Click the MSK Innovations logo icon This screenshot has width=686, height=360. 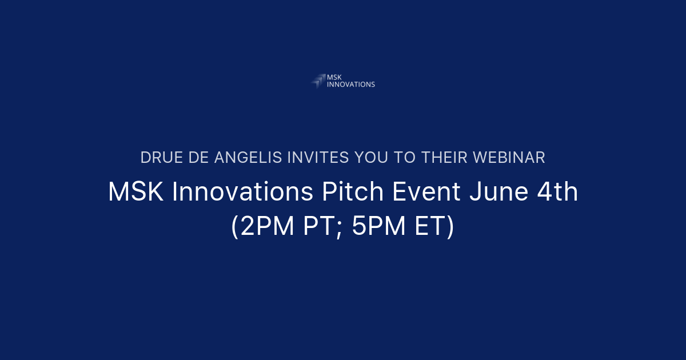[318, 81]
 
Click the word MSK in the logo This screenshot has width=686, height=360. [333, 77]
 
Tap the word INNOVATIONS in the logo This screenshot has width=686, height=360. [350, 85]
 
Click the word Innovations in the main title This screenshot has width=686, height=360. [243, 193]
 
